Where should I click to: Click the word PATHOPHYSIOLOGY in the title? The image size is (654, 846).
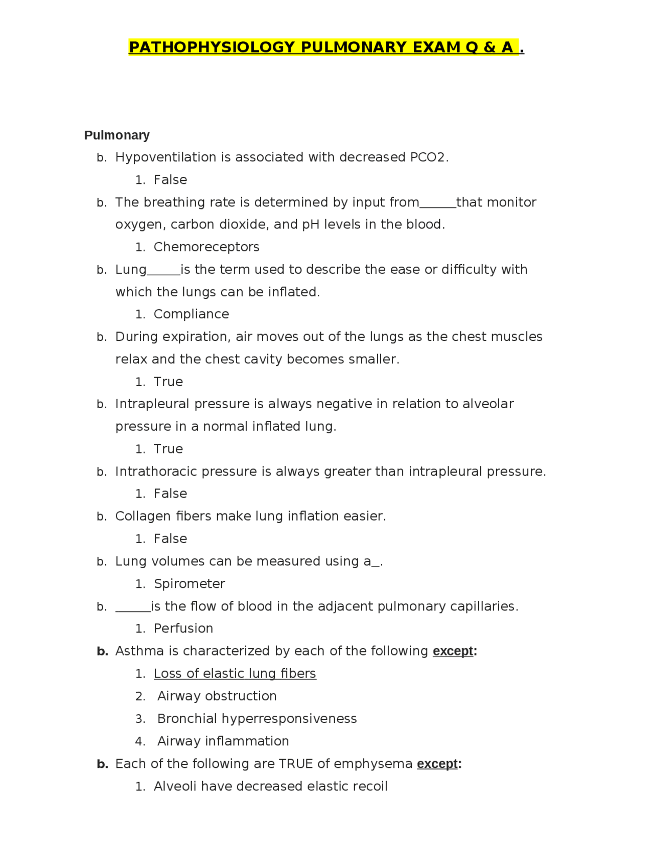tap(212, 48)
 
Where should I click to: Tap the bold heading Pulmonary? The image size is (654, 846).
tap(117, 135)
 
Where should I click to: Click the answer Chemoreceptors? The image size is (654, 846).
tap(206, 247)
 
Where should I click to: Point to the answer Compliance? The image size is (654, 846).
tap(191, 314)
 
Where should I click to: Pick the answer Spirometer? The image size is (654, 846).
tap(189, 584)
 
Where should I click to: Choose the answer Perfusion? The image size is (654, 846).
tap(183, 628)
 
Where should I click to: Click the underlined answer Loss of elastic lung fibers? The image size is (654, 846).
tap(235, 674)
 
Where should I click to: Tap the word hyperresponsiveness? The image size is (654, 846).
tap(290, 719)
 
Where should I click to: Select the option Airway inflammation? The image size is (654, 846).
tap(223, 741)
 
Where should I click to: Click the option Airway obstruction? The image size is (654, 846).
tap(217, 696)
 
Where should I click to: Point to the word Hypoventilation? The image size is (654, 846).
tap(166, 157)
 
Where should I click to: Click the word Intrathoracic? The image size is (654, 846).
tap(156, 472)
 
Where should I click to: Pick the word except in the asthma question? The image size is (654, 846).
tap(453, 651)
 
